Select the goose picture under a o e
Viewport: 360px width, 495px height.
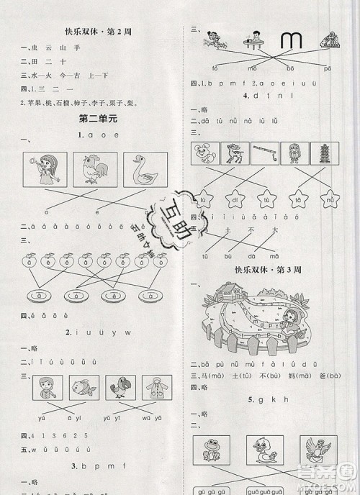tap(145, 170)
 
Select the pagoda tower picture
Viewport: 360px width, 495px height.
tap(322, 154)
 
